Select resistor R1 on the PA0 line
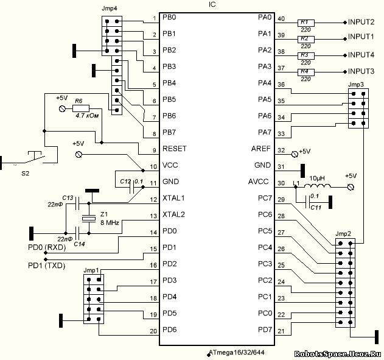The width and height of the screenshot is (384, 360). [x=304, y=22]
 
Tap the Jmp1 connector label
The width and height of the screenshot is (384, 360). [x=91, y=269]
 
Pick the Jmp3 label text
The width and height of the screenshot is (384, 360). [x=356, y=83]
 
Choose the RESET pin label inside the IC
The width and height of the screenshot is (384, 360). [x=175, y=148]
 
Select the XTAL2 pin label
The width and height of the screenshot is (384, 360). [x=173, y=214]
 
